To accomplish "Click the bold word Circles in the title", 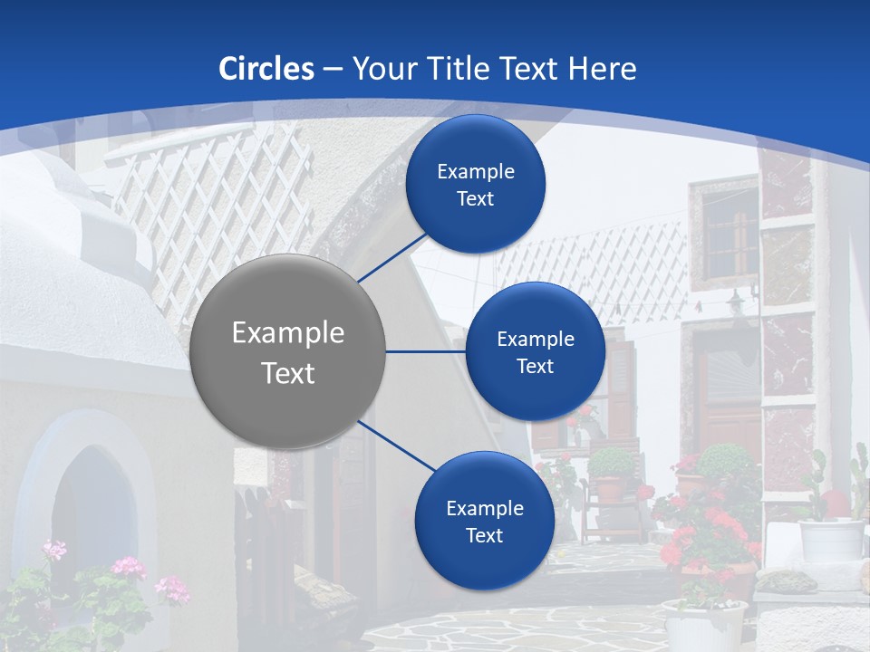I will point(266,69).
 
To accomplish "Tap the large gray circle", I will point(288,351).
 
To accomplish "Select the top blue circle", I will point(476,184).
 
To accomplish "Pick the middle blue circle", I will point(536,351).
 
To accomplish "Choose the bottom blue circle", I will point(485,521).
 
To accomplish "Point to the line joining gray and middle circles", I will point(426,351).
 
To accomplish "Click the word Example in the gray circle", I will point(288,332).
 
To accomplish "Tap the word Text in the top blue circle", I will point(476,198).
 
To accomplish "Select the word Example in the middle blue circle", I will point(536,339).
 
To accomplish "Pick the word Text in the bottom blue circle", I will point(485,535).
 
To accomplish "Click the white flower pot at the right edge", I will point(831,540).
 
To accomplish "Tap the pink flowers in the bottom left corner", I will point(127,570).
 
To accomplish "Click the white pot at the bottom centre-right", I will point(704,625).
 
